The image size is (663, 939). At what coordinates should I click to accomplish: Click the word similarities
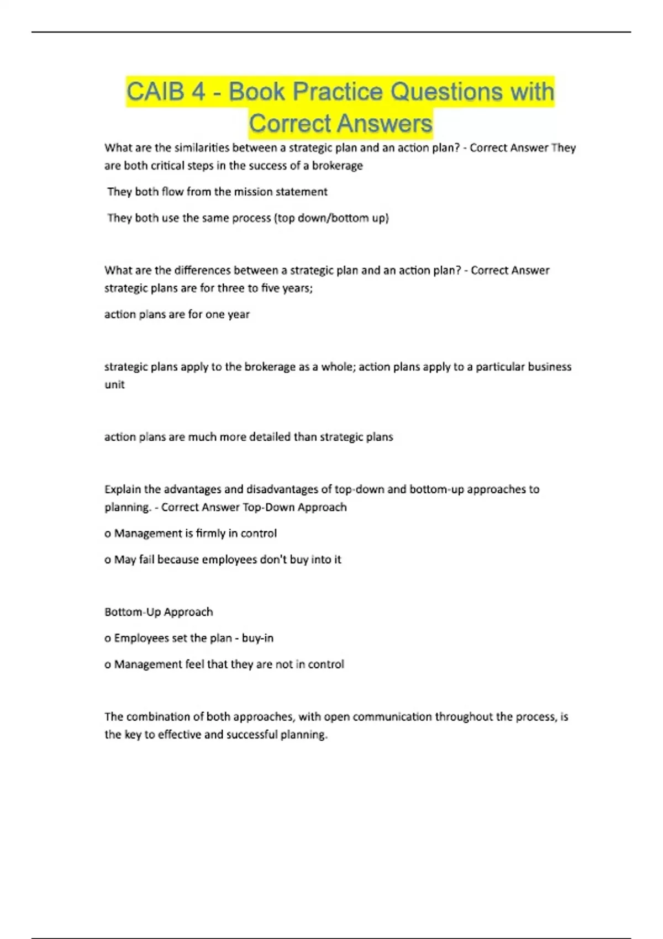[201, 148]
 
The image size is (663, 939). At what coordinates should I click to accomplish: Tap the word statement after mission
[302, 192]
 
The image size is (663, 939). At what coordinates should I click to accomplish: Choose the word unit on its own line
[114, 385]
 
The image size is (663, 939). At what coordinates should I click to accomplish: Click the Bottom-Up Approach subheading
[159, 612]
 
